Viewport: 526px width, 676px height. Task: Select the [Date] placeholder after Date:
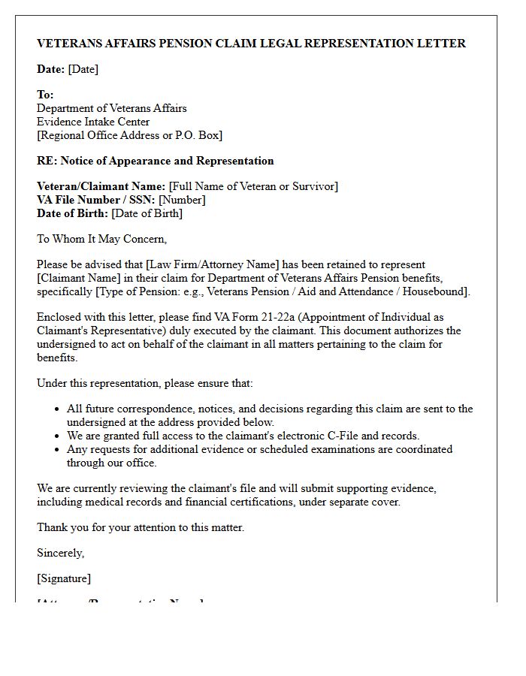[83, 69]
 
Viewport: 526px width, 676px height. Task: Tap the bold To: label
[45, 95]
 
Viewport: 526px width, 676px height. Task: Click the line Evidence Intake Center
[93, 122]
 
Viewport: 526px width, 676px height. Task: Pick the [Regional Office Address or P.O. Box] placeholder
[129, 135]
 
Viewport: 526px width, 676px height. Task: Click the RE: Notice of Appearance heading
[155, 161]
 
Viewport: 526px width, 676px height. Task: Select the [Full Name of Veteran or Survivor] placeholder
[253, 186]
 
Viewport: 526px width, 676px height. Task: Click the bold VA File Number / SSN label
[95, 200]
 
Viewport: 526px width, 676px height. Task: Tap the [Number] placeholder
[182, 200]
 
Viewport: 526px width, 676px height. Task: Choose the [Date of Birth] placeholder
[147, 213]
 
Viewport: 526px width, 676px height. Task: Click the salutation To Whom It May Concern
[101, 239]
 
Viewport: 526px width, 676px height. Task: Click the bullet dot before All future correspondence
[58, 409]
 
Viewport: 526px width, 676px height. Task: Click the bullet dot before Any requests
[58, 450]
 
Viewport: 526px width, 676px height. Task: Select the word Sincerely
[60, 553]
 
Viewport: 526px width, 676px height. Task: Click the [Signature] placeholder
[64, 578]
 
